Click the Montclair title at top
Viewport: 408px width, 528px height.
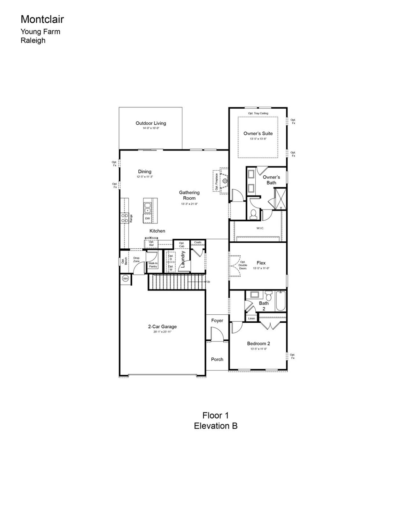(x=42, y=20)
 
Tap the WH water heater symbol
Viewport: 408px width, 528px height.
(x=125, y=279)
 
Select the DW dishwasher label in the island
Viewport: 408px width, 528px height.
(x=148, y=219)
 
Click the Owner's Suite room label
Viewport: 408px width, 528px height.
(x=258, y=134)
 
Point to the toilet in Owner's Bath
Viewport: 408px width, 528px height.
(x=254, y=214)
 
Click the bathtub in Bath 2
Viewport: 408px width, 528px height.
(x=280, y=301)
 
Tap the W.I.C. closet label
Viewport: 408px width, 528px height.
(x=260, y=228)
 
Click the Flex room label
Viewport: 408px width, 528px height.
(x=261, y=263)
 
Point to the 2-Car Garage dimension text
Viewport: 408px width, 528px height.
(x=162, y=332)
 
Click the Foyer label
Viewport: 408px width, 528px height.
(x=217, y=321)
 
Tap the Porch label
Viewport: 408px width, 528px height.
(x=217, y=359)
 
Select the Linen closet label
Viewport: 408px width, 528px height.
(x=251, y=319)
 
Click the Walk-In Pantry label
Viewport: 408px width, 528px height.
(x=153, y=265)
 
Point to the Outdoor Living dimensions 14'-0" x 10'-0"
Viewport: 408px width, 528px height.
(x=151, y=128)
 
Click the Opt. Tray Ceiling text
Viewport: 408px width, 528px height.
(x=258, y=113)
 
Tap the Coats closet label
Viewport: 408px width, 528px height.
(x=198, y=243)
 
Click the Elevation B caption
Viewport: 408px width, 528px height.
(x=215, y=426)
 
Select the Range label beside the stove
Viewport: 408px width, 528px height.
(x=131, y=218)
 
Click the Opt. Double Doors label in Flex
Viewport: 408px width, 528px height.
(x=243, y=265)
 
